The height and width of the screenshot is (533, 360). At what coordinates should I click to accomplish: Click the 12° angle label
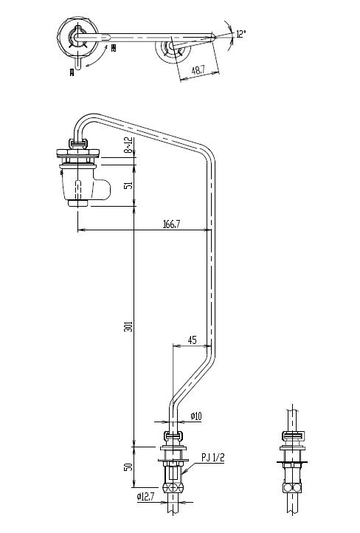coord(240,33)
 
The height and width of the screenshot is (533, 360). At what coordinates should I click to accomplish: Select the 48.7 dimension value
coord(198,71)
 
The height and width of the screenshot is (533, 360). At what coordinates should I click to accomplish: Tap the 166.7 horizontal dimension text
coord(170,224)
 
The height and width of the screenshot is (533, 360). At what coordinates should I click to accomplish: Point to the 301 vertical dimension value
coord(128,328)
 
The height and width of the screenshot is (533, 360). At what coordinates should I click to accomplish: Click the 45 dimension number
coord(192,340)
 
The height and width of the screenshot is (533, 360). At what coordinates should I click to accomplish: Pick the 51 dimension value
coord(128,185)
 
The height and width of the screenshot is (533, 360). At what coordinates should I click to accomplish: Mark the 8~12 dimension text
coord(128,145)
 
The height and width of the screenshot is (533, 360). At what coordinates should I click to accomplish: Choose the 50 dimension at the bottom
coord(128,467)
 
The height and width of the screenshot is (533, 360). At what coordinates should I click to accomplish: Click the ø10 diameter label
coord(196,417)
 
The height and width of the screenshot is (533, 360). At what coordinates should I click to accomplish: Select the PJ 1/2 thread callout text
coord(212,458)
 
